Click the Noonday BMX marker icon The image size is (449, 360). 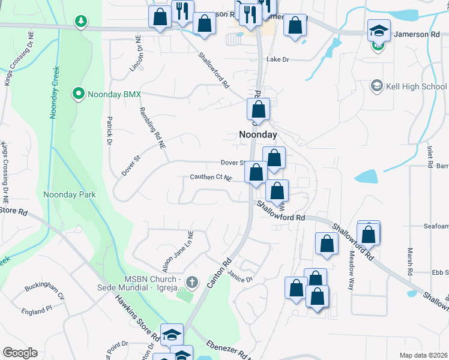click(x=78, y=94)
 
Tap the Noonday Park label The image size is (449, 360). click(x=70, y=194)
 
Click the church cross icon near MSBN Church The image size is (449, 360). click(x=191, y=281)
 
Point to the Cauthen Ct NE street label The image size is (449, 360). click(x=211, y=178)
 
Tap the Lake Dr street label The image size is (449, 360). click(x=277, y=59)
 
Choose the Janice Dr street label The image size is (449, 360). click(x=240, y=275)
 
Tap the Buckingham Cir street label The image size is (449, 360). click(x=44, y=291)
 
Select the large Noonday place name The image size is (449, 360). click(x=258, y=135)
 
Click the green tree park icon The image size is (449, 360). click(x=80, y=22)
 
